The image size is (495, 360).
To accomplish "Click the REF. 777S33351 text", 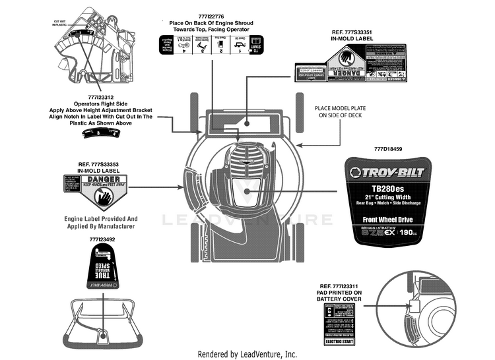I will [x=356, y=31].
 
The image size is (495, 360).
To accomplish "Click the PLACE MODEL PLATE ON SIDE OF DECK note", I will [x=339, y=111].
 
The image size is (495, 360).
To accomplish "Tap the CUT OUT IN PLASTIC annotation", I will [x=60, y=22].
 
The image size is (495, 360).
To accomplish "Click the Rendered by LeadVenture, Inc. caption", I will [x=247, y=354].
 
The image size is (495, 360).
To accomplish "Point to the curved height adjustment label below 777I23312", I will [x=100, y=134].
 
